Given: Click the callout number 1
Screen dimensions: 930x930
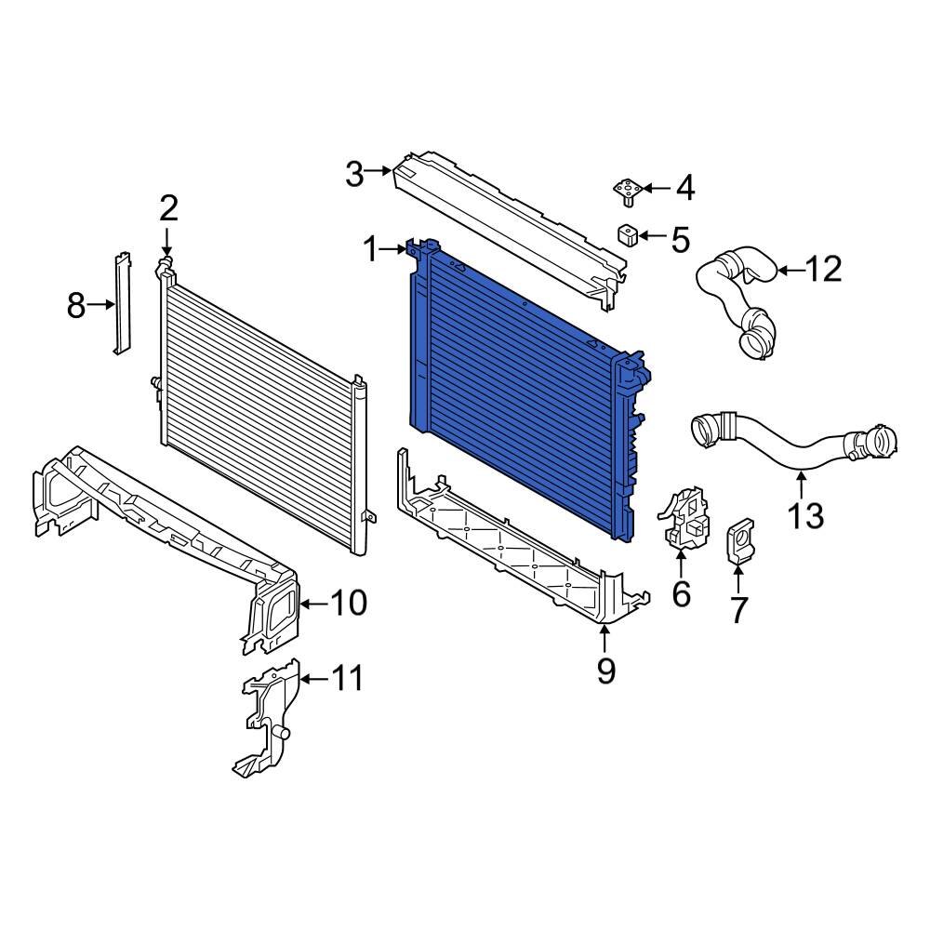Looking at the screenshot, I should (371, 249).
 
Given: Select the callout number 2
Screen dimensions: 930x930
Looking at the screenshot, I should (167, 207).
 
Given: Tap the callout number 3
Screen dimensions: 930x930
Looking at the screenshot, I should (353, 173).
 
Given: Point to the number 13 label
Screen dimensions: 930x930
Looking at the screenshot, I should (804, 513).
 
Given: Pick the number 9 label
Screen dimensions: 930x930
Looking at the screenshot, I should (605, 670).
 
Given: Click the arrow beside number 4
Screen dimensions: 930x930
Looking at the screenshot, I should (656, 189).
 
